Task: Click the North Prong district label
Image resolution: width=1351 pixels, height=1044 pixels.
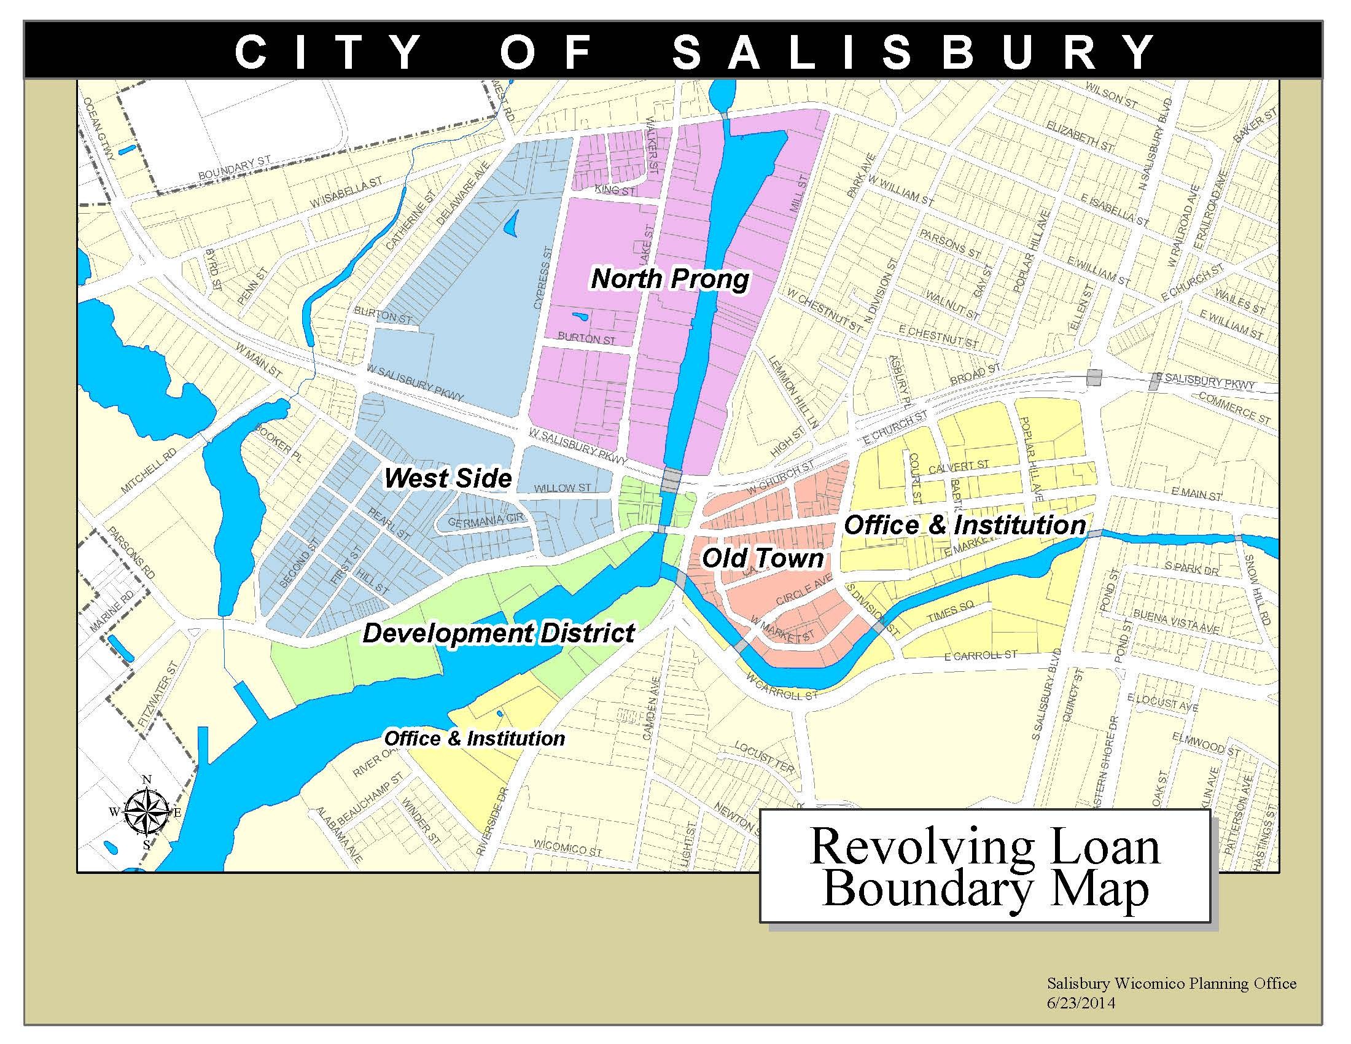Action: tap(669, 279)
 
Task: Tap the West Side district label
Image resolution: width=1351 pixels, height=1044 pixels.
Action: tap(448, 478)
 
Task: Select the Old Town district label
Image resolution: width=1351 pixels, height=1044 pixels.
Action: tap(762, 558)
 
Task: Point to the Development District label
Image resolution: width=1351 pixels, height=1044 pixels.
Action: tap(499, 633)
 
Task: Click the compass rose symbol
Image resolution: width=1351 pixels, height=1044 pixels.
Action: tap(147, 811)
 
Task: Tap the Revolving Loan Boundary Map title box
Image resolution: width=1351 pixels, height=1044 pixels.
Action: tap(985, 867)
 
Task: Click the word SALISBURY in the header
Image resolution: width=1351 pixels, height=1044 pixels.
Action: tap(914, 52)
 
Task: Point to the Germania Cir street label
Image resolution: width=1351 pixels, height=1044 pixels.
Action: tap(486, 521)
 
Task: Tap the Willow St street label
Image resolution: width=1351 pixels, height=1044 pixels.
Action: tap(563, 488)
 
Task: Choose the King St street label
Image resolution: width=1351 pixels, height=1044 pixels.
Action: tap(615, 190)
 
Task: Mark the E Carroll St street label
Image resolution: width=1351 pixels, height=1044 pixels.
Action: tap(981, 655)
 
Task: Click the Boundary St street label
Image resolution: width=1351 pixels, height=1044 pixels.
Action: tap(235, 168)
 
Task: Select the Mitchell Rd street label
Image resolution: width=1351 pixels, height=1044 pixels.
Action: tap(149, 471)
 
